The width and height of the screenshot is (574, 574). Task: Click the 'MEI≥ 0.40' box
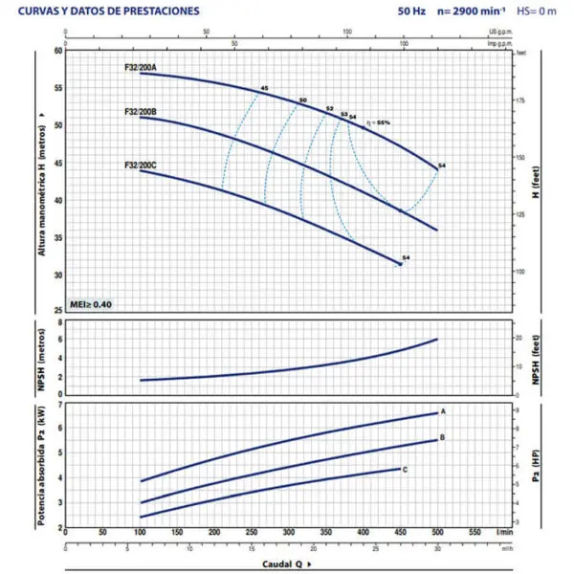pyautogui.click(x=92, y=303)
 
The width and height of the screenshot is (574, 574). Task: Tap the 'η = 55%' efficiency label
pyautogui.click(x=377, y=122)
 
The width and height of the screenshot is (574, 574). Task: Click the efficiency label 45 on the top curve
pyautogui.click(x=264, y=89)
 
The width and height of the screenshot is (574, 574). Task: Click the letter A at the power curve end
pyautogui.click(x=443, y=410)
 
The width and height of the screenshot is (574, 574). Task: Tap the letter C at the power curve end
pyautogui.click(x=406, y=470)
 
